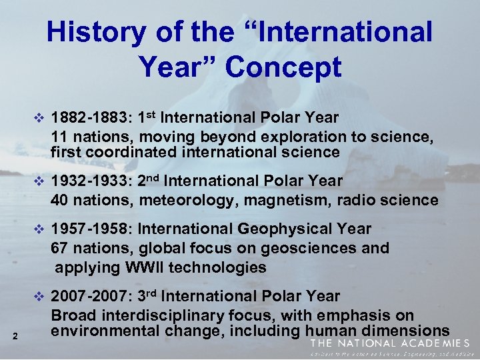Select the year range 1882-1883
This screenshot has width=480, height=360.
[x=91, y=118]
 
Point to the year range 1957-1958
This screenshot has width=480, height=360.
[x=91, y=229]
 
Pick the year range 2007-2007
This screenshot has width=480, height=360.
[x=91, y=296]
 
